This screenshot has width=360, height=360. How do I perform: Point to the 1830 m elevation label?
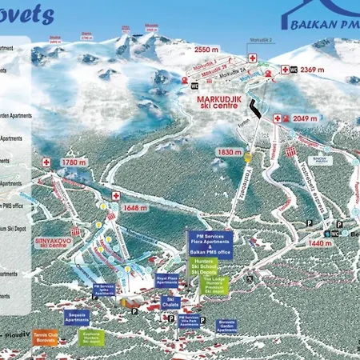(229, 152)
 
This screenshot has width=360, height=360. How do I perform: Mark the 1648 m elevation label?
(136, 208)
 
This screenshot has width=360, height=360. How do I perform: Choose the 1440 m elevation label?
(319, 242)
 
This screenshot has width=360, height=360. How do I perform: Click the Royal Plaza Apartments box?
(166, 280)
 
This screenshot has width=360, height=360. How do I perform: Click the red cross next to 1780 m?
(46, 162)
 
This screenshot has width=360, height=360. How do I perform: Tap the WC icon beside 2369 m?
(293, 70)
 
